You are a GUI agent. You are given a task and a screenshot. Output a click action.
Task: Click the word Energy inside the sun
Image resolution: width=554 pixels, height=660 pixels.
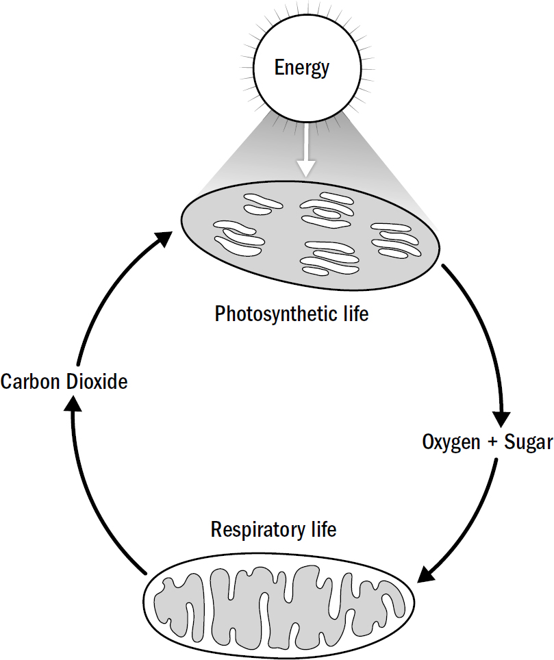tap(302, 68)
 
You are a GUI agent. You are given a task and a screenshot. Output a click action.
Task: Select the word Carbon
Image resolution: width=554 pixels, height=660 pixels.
tap(31, 381)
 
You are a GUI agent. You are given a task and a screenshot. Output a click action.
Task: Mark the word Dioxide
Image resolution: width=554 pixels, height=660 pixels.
tap(97, 381)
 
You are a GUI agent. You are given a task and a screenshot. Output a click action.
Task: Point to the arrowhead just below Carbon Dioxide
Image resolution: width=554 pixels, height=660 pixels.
tap(72, 405)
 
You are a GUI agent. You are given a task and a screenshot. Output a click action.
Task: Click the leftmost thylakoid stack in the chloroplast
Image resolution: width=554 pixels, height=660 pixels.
tap(238, 237)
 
